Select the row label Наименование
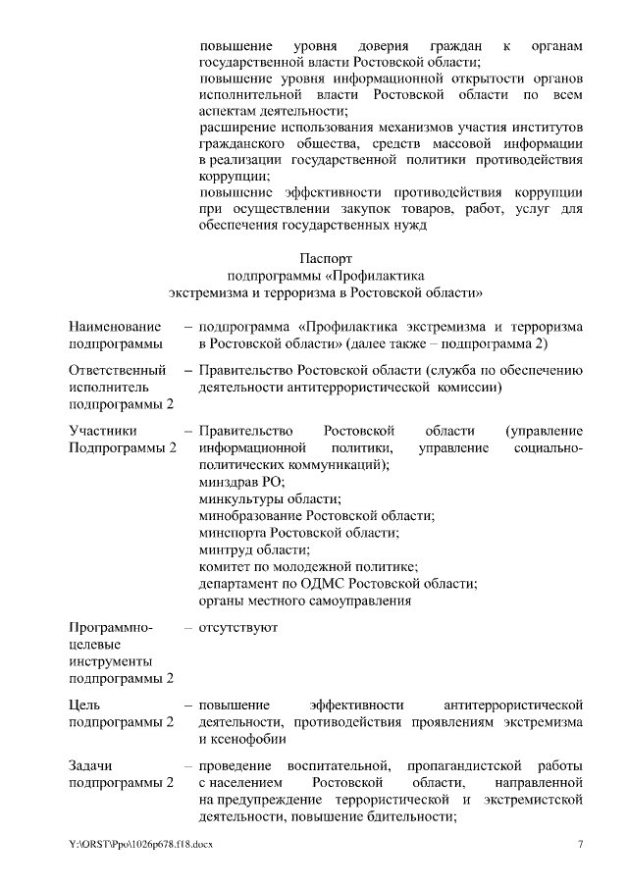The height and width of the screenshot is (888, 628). pos(112,326)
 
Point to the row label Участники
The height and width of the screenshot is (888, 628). pos(102,431)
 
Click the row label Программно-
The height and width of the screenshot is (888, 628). pos(109,626)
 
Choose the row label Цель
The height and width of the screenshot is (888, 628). pos(84,705)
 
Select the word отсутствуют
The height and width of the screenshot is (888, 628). pos(238,626)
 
